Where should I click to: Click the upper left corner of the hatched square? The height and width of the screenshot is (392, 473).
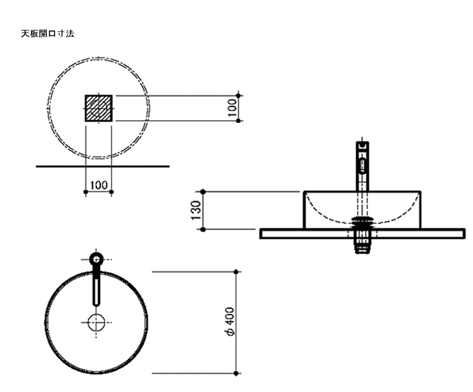click(x=85, y=95)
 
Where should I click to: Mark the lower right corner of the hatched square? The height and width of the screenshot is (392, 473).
click(x=112, y=121)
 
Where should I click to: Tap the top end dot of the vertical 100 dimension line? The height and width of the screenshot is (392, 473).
click(x=238, y=96)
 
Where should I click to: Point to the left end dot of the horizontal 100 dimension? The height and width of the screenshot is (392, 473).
click(x=86, y=192)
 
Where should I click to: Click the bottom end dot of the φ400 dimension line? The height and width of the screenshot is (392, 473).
click(x=236, y=373)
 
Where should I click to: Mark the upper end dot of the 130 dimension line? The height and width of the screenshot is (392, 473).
click(x=203, y=192)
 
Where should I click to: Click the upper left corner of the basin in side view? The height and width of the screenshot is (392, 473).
click(x=304, y=191)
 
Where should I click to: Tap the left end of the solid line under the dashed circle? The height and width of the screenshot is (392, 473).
click(x=36, y=166)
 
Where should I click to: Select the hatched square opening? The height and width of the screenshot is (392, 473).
click(x=99, y=108)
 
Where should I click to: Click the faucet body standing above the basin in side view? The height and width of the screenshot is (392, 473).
click(x=362, y=166)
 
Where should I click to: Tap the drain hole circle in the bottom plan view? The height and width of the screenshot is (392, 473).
click(x=96, y=322)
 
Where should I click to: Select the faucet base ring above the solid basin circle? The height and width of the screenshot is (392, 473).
click(x=97, y=259)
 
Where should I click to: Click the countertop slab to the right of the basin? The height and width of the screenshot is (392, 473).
click(x=443, y=234)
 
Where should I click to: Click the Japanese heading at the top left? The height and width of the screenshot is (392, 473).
click(x=48, y=34)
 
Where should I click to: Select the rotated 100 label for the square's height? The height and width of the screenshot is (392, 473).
click(x=232, y=108)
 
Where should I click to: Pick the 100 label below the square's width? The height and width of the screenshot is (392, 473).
click(x=99, y=185)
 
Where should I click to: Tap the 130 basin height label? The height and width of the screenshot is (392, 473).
click(x=196, y=210)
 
